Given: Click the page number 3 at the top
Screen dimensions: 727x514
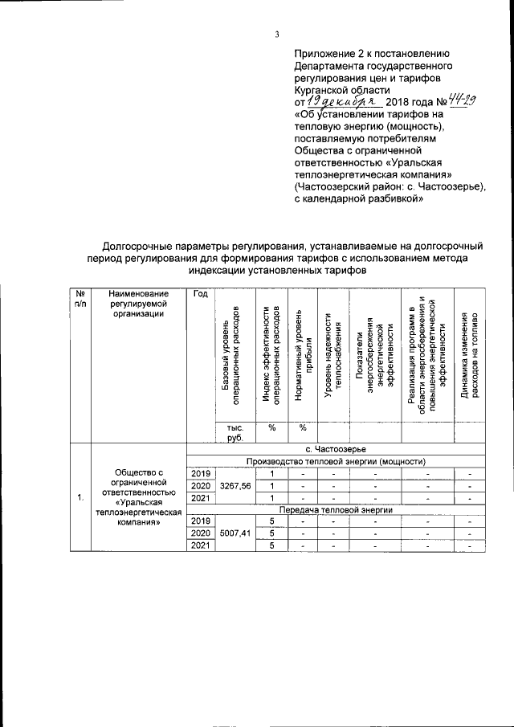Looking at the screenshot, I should click(275, 34).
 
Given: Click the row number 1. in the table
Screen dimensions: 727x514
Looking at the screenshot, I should click(80, 497).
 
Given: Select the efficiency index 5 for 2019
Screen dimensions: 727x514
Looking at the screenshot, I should click(272, 521).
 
